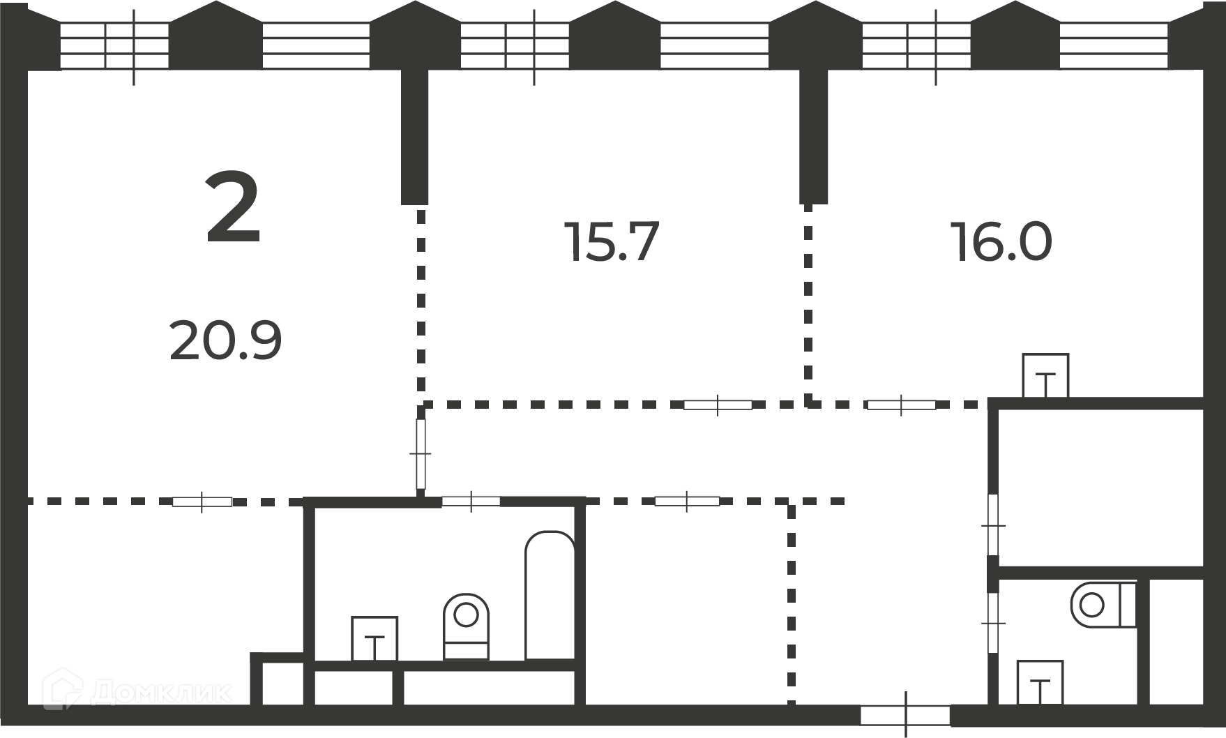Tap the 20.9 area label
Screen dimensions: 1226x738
click(x=225, y=340)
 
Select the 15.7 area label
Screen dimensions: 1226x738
click(x=611, y=242)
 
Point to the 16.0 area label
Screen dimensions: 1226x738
click(x=1001, y=242)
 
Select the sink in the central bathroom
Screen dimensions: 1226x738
click(x=374, y=638)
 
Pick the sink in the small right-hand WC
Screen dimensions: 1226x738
click(x=1040, y=682)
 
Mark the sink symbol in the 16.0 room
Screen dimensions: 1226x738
click(x=1045, y=375)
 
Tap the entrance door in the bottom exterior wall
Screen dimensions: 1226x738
click(x=905, y=715)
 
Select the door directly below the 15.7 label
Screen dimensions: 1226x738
click(x=718, y=405)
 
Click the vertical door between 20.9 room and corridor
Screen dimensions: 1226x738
click(x=421, y=454)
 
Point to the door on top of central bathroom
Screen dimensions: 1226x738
click(x=471, y=501)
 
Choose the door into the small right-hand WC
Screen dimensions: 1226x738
click(x=993, y=622)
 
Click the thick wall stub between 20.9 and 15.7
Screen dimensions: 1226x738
click(x=414, y=137)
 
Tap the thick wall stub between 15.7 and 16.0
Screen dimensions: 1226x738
click(x=813, y=137)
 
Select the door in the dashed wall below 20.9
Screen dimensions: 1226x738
click(x=202, y=502)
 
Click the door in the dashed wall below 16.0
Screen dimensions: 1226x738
click(x=901, y=405)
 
